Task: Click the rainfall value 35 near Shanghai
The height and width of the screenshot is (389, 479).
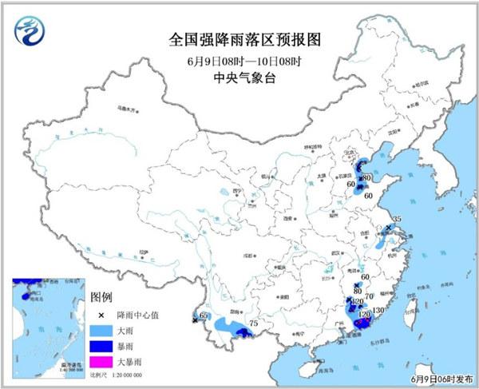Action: [397, 219]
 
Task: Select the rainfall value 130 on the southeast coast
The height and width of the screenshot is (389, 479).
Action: [378, 311]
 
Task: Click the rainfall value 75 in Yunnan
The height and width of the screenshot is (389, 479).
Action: [254, 324]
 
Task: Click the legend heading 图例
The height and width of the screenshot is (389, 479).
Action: [102, 296]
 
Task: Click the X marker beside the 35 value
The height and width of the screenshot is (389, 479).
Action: [389, 228]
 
